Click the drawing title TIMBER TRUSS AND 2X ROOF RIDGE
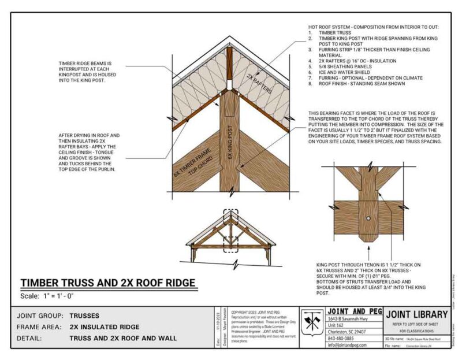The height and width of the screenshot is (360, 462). pos(108,283)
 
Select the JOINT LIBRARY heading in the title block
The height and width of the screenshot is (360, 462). pos(416,314)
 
